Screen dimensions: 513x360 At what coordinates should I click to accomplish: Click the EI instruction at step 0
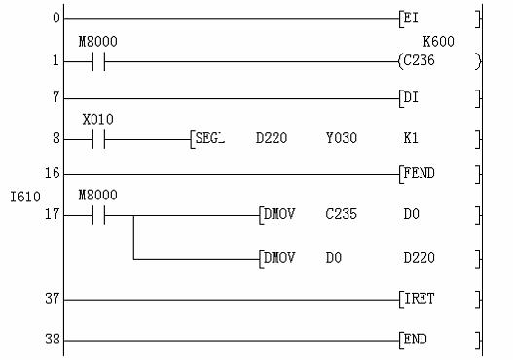tap(411, 18)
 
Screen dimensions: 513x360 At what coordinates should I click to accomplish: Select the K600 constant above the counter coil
tap(438, 42)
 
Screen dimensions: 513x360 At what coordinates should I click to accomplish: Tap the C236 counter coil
tap(420, 60)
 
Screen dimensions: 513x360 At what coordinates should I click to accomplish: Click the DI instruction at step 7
tap(411, 97)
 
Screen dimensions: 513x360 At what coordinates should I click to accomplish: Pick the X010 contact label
tap(97, 120)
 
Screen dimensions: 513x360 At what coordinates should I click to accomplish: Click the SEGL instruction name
tap(209, 138)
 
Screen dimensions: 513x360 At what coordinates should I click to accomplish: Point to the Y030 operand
tap(342, 138)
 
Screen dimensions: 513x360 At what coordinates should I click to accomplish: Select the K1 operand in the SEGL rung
tap(411, 138)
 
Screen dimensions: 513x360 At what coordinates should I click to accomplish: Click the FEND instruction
tap(420, 173)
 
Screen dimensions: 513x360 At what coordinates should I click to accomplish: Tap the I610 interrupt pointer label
tap(25, 197)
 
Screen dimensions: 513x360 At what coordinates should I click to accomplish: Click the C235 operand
tap(342, 214)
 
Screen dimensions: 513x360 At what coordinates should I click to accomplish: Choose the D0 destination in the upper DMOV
tap(411, 214)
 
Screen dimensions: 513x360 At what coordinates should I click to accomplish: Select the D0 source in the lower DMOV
tap(334, 258)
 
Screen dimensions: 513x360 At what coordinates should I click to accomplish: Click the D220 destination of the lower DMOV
tap(420, 258)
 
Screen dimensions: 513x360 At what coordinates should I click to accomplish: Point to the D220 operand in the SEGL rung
tap(272, 138)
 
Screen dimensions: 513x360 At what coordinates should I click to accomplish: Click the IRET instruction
tap(420, 299)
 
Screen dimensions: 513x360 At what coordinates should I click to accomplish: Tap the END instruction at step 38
tap(416, 339)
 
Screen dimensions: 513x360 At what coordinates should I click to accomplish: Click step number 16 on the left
tap(53, 173)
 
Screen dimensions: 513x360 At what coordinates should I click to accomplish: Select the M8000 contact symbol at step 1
tap(99, 61)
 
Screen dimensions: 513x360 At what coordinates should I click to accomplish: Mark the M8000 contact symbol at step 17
tap(99, 215)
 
